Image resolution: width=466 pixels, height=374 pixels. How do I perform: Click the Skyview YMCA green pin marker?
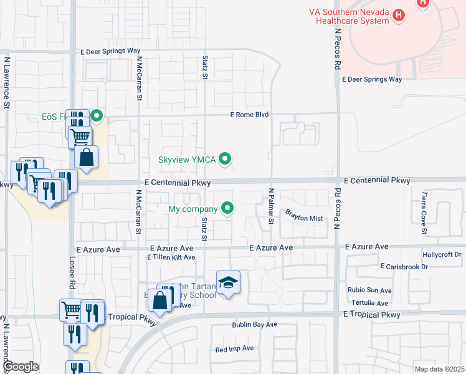pos(227,160)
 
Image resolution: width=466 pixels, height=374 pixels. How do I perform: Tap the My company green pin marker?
pos(227,208)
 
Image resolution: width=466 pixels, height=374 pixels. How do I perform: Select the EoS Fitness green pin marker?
pos(97,116)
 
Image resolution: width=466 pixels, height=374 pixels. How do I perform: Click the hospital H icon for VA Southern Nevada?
pos(424,2)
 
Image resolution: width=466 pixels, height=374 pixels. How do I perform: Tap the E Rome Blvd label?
pos(249,115)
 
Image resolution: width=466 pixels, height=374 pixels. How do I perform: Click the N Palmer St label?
pos(271,206)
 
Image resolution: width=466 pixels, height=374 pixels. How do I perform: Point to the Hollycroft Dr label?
pos(441,255)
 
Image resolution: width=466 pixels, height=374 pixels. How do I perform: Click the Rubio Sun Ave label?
pos(370,290)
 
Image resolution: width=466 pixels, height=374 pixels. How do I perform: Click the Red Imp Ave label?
pos(234,349)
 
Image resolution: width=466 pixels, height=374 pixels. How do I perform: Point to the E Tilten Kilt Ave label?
pos(171,257)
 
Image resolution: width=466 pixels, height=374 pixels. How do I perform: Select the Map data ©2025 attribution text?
pos(439,369)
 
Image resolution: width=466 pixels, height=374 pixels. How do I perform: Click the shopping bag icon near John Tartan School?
pos(160,300)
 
